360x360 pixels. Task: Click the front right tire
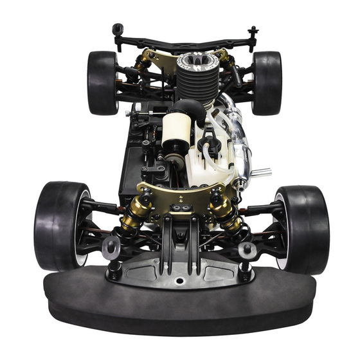tap(303, 229)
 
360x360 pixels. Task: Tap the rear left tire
tap(102, 82)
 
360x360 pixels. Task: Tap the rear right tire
tap(266, 82)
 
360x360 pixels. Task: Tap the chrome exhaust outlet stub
tap(260, 172)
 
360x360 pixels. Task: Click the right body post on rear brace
tap(253, 32)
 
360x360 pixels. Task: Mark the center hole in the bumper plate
tap(179, 281)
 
